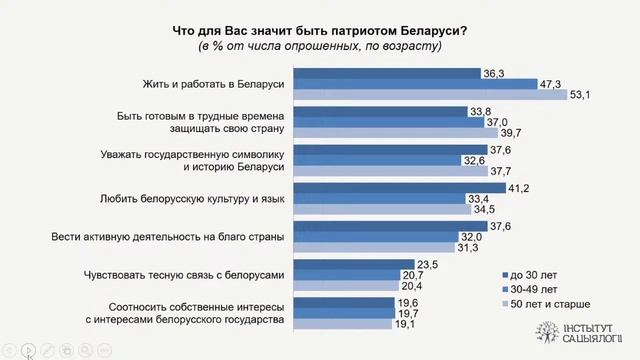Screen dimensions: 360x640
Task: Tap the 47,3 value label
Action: [x=548, y=84]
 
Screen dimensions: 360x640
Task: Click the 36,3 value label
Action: [x=492, y=73]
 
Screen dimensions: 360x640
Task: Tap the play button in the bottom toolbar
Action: [x=30, y=350]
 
